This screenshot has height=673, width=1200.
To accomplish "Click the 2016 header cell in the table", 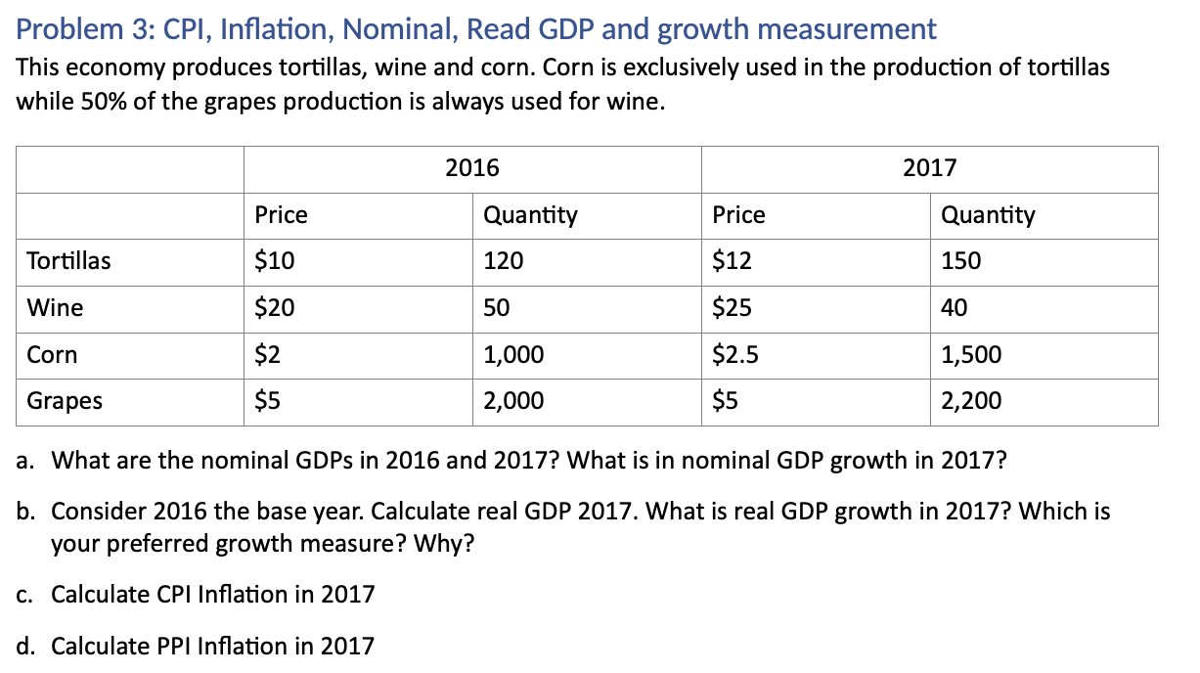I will [472, 168].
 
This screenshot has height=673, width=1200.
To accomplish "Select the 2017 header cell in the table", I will [929, 168].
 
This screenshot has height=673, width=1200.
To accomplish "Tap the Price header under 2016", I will [281, 215].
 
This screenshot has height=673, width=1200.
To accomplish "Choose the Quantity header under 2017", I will [987, 215].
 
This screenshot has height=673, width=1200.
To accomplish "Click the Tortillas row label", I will [68, 261].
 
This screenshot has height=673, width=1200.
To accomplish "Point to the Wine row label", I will [55, 308].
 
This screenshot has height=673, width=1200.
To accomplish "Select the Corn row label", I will [52, 354].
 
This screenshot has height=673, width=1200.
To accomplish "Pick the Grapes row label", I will [65, 401].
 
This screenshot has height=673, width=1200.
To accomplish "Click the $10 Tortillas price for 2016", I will [274, 261].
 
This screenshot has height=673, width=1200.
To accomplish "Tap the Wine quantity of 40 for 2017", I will [954, 308].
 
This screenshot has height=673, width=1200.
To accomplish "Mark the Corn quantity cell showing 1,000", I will [513, 354].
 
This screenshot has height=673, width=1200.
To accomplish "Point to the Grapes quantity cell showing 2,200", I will [970, 401].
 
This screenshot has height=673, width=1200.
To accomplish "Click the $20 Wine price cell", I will [274, 308].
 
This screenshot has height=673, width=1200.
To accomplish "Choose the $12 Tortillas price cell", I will [732, 261].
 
